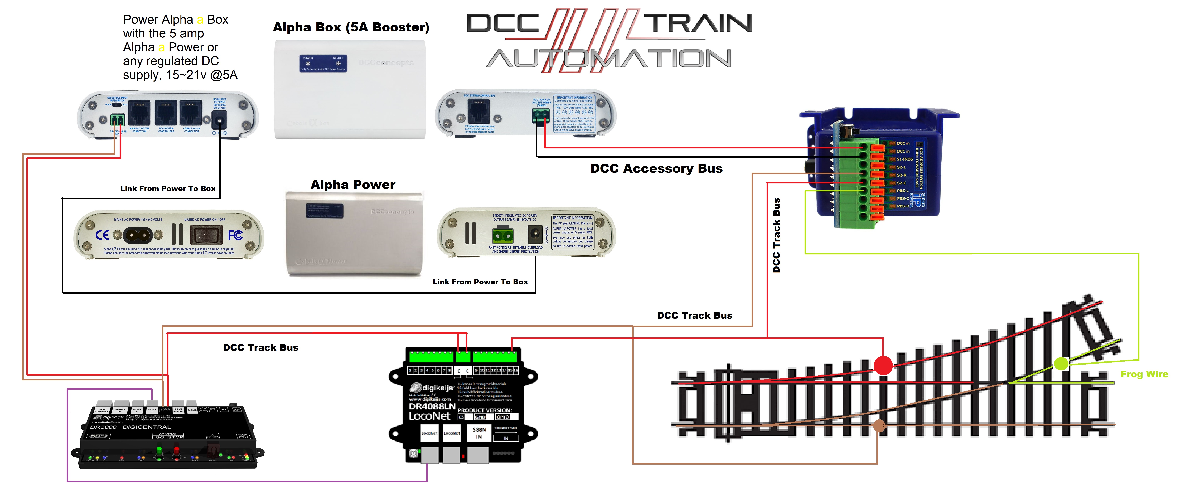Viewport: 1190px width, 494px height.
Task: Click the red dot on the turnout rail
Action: (883, 365)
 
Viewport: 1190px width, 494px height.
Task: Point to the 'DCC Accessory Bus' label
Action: (656, 169)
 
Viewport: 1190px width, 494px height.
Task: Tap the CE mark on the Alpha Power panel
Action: (102, 235)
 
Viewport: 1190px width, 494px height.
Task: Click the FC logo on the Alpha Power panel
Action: (235, 235)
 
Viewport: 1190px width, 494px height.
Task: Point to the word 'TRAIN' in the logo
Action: (698, 23)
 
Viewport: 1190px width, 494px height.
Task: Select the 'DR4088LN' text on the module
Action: (432, 406)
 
